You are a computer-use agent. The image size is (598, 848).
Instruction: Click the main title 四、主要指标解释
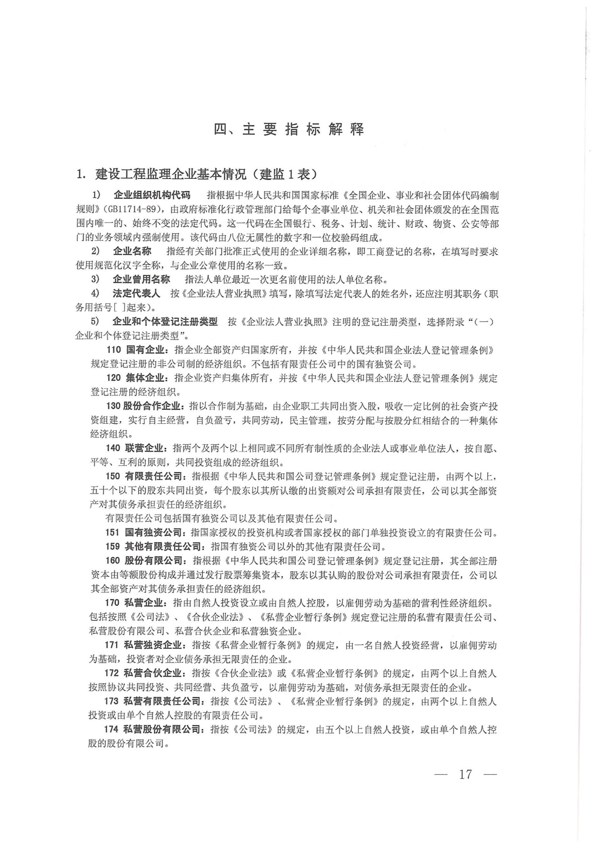coord(289,130)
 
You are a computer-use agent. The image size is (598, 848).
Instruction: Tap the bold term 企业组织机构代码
coord(152,195)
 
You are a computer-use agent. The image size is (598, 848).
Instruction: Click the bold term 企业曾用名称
coord(141,279)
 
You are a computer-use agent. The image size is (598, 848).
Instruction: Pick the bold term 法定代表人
coord(136,294)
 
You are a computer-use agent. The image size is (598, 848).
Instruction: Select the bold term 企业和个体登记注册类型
coord(165,322)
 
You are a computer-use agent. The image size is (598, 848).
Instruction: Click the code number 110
coord(114,350)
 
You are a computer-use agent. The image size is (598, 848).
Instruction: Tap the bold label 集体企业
coord(144,378)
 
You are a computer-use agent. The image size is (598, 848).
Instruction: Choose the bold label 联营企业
coord(144,448)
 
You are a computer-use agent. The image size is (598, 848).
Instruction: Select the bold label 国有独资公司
coord(153,533)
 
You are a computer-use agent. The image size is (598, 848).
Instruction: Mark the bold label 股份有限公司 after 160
coord(154,561)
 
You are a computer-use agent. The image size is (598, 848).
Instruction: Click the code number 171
coord(112,645)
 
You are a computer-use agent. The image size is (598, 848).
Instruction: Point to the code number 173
coord(112,701)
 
